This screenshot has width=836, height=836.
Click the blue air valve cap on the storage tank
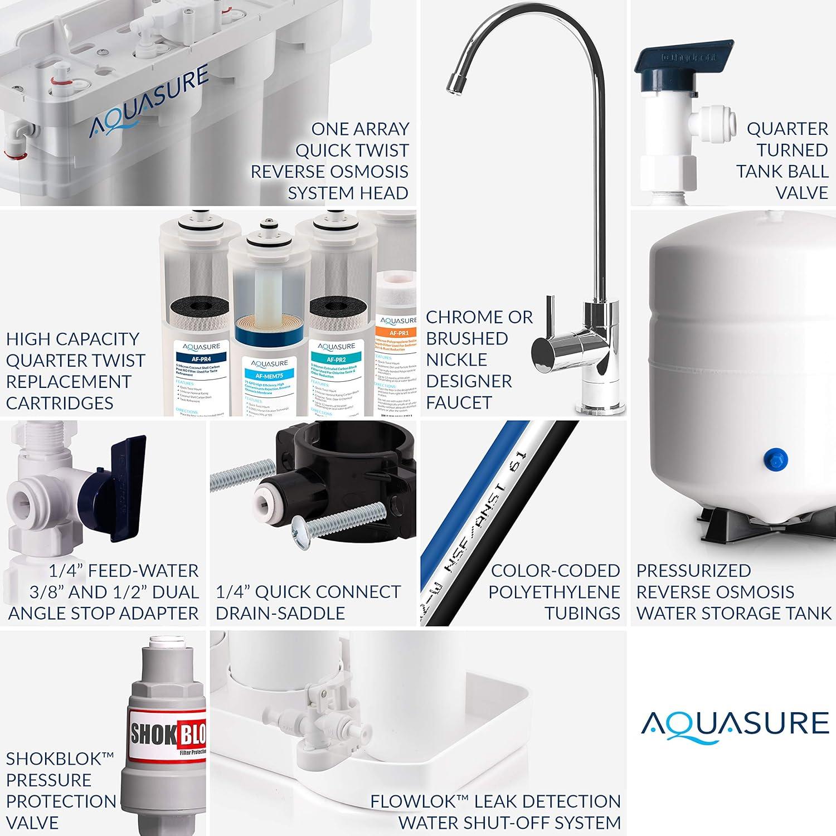coord(775,460)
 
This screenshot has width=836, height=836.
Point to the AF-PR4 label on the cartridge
coord(197,359)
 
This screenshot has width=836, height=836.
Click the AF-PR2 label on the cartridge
coord(337,359)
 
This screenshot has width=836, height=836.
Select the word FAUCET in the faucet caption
coord(459,402)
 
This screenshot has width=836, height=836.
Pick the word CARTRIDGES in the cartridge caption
coord(60,403)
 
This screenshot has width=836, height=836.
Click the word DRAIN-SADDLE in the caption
coord(280,613)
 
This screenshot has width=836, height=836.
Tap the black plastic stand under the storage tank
coord(730,521)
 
